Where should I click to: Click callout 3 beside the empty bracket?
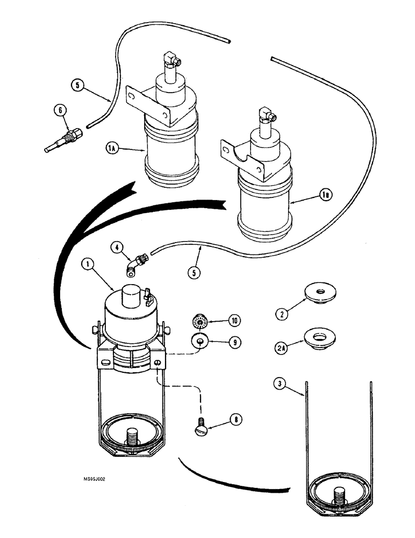point(278,384)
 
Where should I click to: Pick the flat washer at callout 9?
point(200,341)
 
